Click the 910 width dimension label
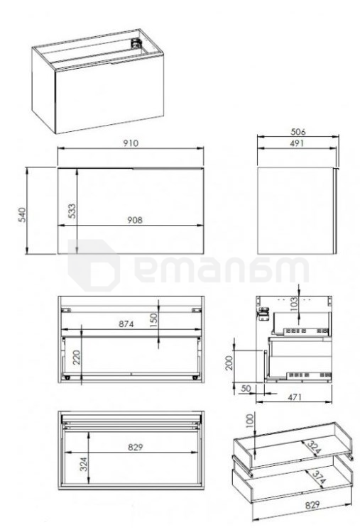131,143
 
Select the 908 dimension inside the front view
135,220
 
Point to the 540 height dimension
22,214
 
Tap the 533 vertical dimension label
72,211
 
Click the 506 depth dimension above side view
298,131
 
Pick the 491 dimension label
297,143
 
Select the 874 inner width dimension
126,324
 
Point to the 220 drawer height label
77,358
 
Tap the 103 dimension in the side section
294,304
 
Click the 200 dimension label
229,362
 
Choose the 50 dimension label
246,388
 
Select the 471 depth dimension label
294,397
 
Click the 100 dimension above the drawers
250,421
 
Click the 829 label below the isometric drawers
312,505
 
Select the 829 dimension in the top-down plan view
135,447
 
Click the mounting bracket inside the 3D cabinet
136,43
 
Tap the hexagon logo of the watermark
94,265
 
